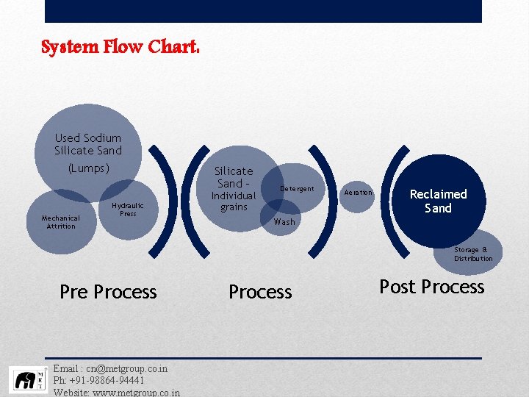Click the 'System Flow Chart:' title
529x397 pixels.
[120, 48]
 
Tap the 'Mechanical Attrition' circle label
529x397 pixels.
[60, 222]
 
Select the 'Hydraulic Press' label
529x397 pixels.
[128, 210]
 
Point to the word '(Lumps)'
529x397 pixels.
[88, 168]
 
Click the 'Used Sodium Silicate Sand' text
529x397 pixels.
[87, 144]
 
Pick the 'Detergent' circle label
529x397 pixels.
[297, 189]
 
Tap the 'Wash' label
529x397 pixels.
[284, 222]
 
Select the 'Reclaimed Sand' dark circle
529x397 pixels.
[438, 201]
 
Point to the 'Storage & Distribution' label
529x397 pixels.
[473, 254]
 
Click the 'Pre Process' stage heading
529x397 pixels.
[108, 292]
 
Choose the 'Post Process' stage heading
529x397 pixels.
[432, 287]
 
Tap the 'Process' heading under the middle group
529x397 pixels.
[260, 292]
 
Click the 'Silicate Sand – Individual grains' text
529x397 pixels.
[234, 189]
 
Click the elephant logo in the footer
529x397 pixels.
[27, 380]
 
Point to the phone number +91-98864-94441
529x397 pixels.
[109, 380]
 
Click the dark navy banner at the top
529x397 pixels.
[263, 11]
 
